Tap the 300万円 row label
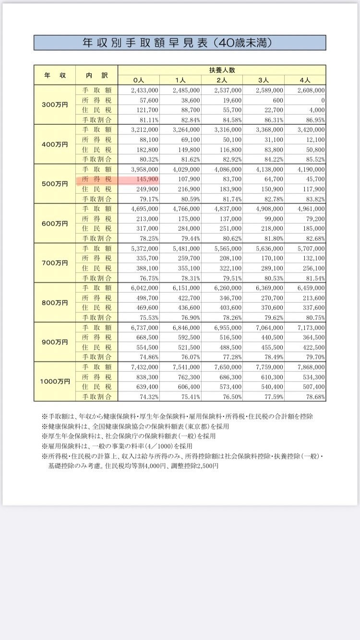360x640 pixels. pyautogui.click(x=55, y=105)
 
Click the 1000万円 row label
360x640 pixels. pyautogui.click(x=55, y=381)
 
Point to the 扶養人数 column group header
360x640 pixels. pyautogui.click(x=222, y=70)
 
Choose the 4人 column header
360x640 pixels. pyautogui.click(x=305, y=80)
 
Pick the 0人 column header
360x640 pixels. pyautogui.click(x=139, y=80)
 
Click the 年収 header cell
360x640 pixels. pyautogui.click(x=55, y=75)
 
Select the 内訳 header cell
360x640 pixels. pyautogui.click(x=96, y=75)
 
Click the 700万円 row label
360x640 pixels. pyautogui.click(x=55, y=263)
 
